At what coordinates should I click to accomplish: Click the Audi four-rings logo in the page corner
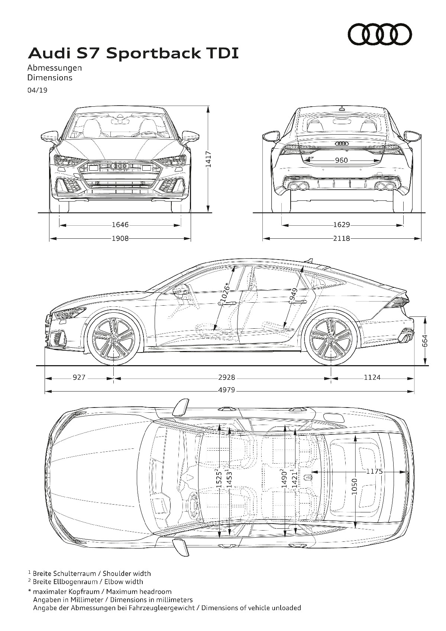(380, 34)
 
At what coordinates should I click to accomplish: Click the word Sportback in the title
(153, 54)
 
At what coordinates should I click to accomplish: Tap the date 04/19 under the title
(37, 90)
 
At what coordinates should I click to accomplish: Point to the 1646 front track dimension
(120, 225)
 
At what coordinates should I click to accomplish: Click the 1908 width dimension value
(120, 238)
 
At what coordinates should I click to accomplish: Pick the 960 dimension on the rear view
(341, 160)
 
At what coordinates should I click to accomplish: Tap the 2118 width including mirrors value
(342, 238)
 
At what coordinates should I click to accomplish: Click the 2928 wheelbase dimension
(227, 377)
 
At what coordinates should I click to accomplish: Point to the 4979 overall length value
(227, 390)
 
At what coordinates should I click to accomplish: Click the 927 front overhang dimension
(79, 377)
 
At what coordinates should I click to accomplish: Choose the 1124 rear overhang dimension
(372, 377)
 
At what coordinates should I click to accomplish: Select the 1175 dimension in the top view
(375, 479)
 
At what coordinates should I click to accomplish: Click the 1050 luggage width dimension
(355, 486)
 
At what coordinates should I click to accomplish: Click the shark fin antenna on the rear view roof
(342, 108)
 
